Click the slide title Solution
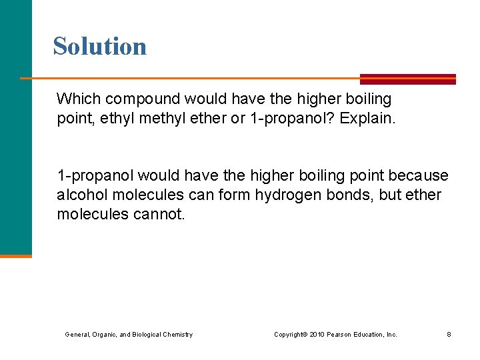[100, 46]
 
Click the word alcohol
[79, 195]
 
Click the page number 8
[449, 334]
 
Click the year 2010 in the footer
[317, 334]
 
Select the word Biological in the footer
[147, 334]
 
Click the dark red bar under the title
[407, 79]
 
